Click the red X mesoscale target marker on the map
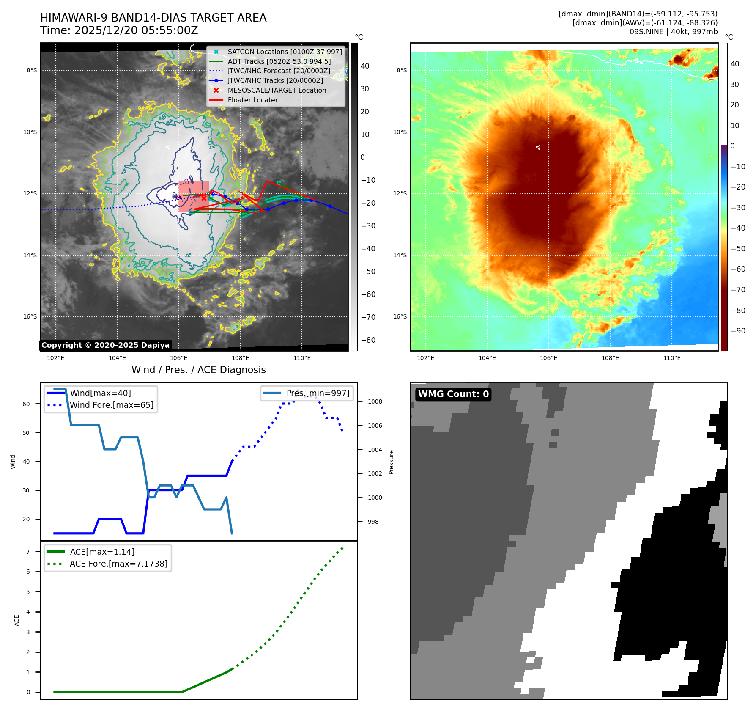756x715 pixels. (204, 198)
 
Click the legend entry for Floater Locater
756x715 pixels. (252, 100)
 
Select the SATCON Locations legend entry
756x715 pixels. (285, 52)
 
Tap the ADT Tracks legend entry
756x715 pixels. (279, 61)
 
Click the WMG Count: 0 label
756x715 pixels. (453, 394)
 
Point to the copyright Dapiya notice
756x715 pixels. (105, 345)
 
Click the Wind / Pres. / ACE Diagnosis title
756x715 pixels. (198, 370)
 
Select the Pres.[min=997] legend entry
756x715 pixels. (318, 393)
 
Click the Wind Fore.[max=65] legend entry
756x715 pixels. (112, 405)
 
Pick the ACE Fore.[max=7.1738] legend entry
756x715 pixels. (118, 564)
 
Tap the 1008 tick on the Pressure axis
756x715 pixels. (375, 401)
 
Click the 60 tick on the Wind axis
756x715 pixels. (26, 404)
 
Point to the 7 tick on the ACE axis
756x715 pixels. (28, 552)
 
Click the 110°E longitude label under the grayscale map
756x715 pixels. (302, 358)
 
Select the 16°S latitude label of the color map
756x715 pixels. (400, 316)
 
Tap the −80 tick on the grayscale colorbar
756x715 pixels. (368, 340)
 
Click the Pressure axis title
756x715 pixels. (391, 462)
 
